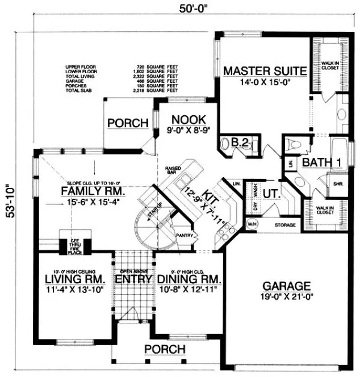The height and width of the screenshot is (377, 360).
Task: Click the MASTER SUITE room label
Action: click(265, 71)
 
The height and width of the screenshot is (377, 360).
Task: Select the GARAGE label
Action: click(286, 285)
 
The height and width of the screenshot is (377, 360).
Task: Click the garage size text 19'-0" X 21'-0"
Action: click(286, 296)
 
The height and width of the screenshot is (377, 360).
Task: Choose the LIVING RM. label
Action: click(74, 279)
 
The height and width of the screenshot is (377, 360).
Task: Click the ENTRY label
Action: click(133, 279)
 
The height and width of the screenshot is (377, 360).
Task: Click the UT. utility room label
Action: click(270, 194)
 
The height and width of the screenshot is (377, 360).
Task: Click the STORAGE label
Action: click(285, 225)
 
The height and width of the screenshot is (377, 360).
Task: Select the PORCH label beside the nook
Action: click(128, 123)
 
